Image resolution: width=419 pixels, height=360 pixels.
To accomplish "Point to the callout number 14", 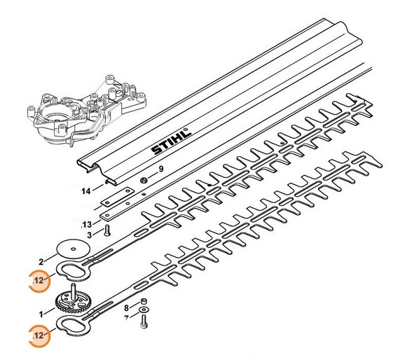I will pyautogui.click(x=85, y=190).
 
